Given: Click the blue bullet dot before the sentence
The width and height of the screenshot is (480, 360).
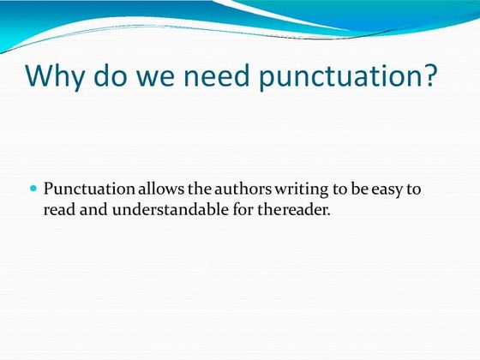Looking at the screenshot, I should pyautogui.click(x=34, y=188).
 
